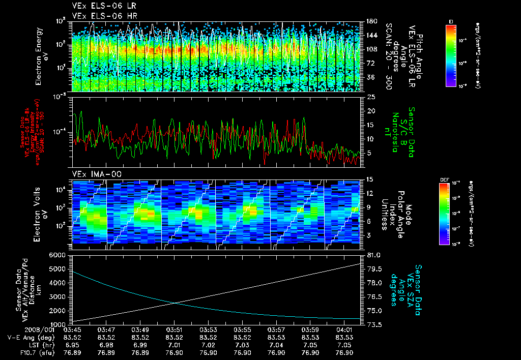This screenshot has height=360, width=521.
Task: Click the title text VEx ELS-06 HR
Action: point(100,16)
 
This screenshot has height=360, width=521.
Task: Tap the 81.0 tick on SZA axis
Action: point(373,255)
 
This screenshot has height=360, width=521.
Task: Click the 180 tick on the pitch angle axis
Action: point(371,21)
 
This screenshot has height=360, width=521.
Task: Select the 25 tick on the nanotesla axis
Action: point(370,97)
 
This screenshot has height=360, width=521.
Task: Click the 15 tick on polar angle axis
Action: point(370,179)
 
